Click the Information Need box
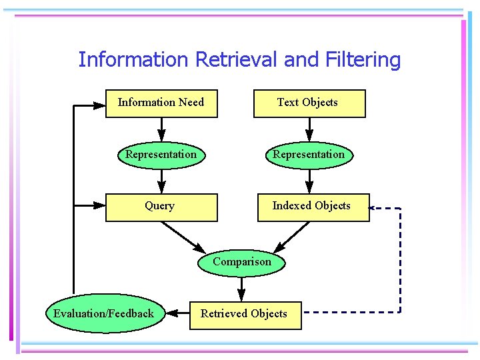pyautogui.click(x=161, y=103)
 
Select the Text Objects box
pyautogui.click(x=309, y=103)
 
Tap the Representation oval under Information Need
pyautogui.click(x=161, y=155)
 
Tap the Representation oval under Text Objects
pyautogui.click(x=309, y=155)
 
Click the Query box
pyautogui.click(x=161, y=207)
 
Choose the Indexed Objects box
pyautogui.click(x=313, y=207)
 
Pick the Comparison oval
pyautogui.click(x=242, y=262)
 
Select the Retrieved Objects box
pyautogui.click(x=244, y=315)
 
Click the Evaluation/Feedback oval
pyautogui.click(x=104, y=314)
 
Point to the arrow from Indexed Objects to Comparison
pyautogui.click(x=293, y=235)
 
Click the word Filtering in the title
pyautogui.click(x=363, y=60)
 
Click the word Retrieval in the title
pyautogui.click(x=237, y=60)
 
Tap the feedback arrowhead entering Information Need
pyautogui.click(x=99, y=105)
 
